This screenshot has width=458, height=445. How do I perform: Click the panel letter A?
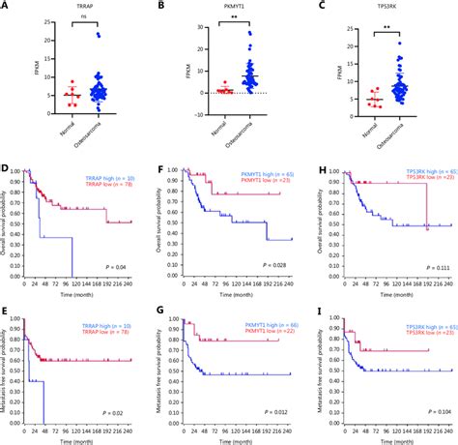click(7, 7)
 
